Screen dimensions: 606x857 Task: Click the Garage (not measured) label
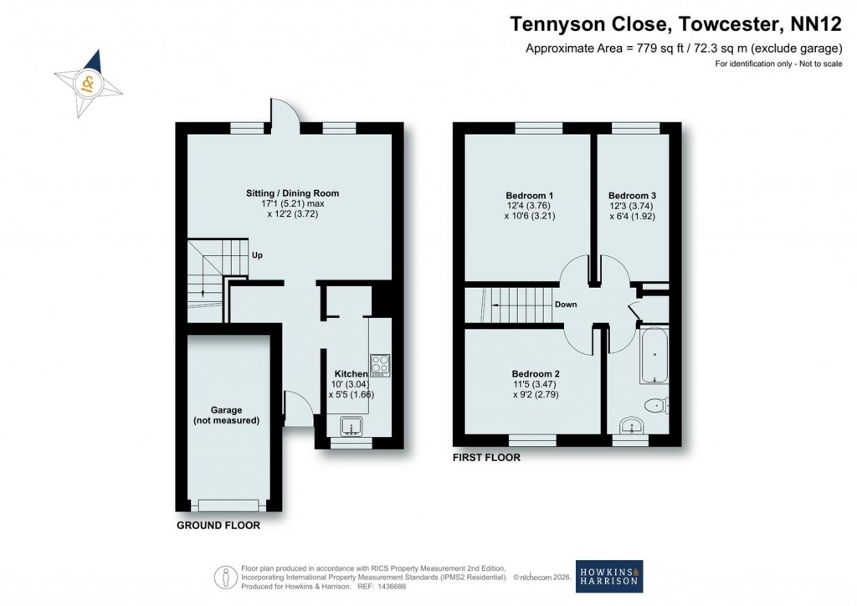click(226, 415)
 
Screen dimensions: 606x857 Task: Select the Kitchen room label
click(352, 373)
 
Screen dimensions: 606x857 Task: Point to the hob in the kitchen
click(380, 365)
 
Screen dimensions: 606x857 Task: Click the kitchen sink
click(352, 425)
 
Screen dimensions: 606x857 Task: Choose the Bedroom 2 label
click(535, 373)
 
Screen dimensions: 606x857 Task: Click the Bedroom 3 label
click(632, 195)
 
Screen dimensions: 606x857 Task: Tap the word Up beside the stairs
click(258, 255)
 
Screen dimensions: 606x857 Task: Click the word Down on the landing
click(566, 305)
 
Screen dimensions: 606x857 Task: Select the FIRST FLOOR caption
click(486, 458)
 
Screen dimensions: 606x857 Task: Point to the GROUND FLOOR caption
click(218, 526)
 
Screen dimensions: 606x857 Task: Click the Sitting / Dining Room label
click(288, 193)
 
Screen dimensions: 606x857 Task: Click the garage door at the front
click(228, 505)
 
